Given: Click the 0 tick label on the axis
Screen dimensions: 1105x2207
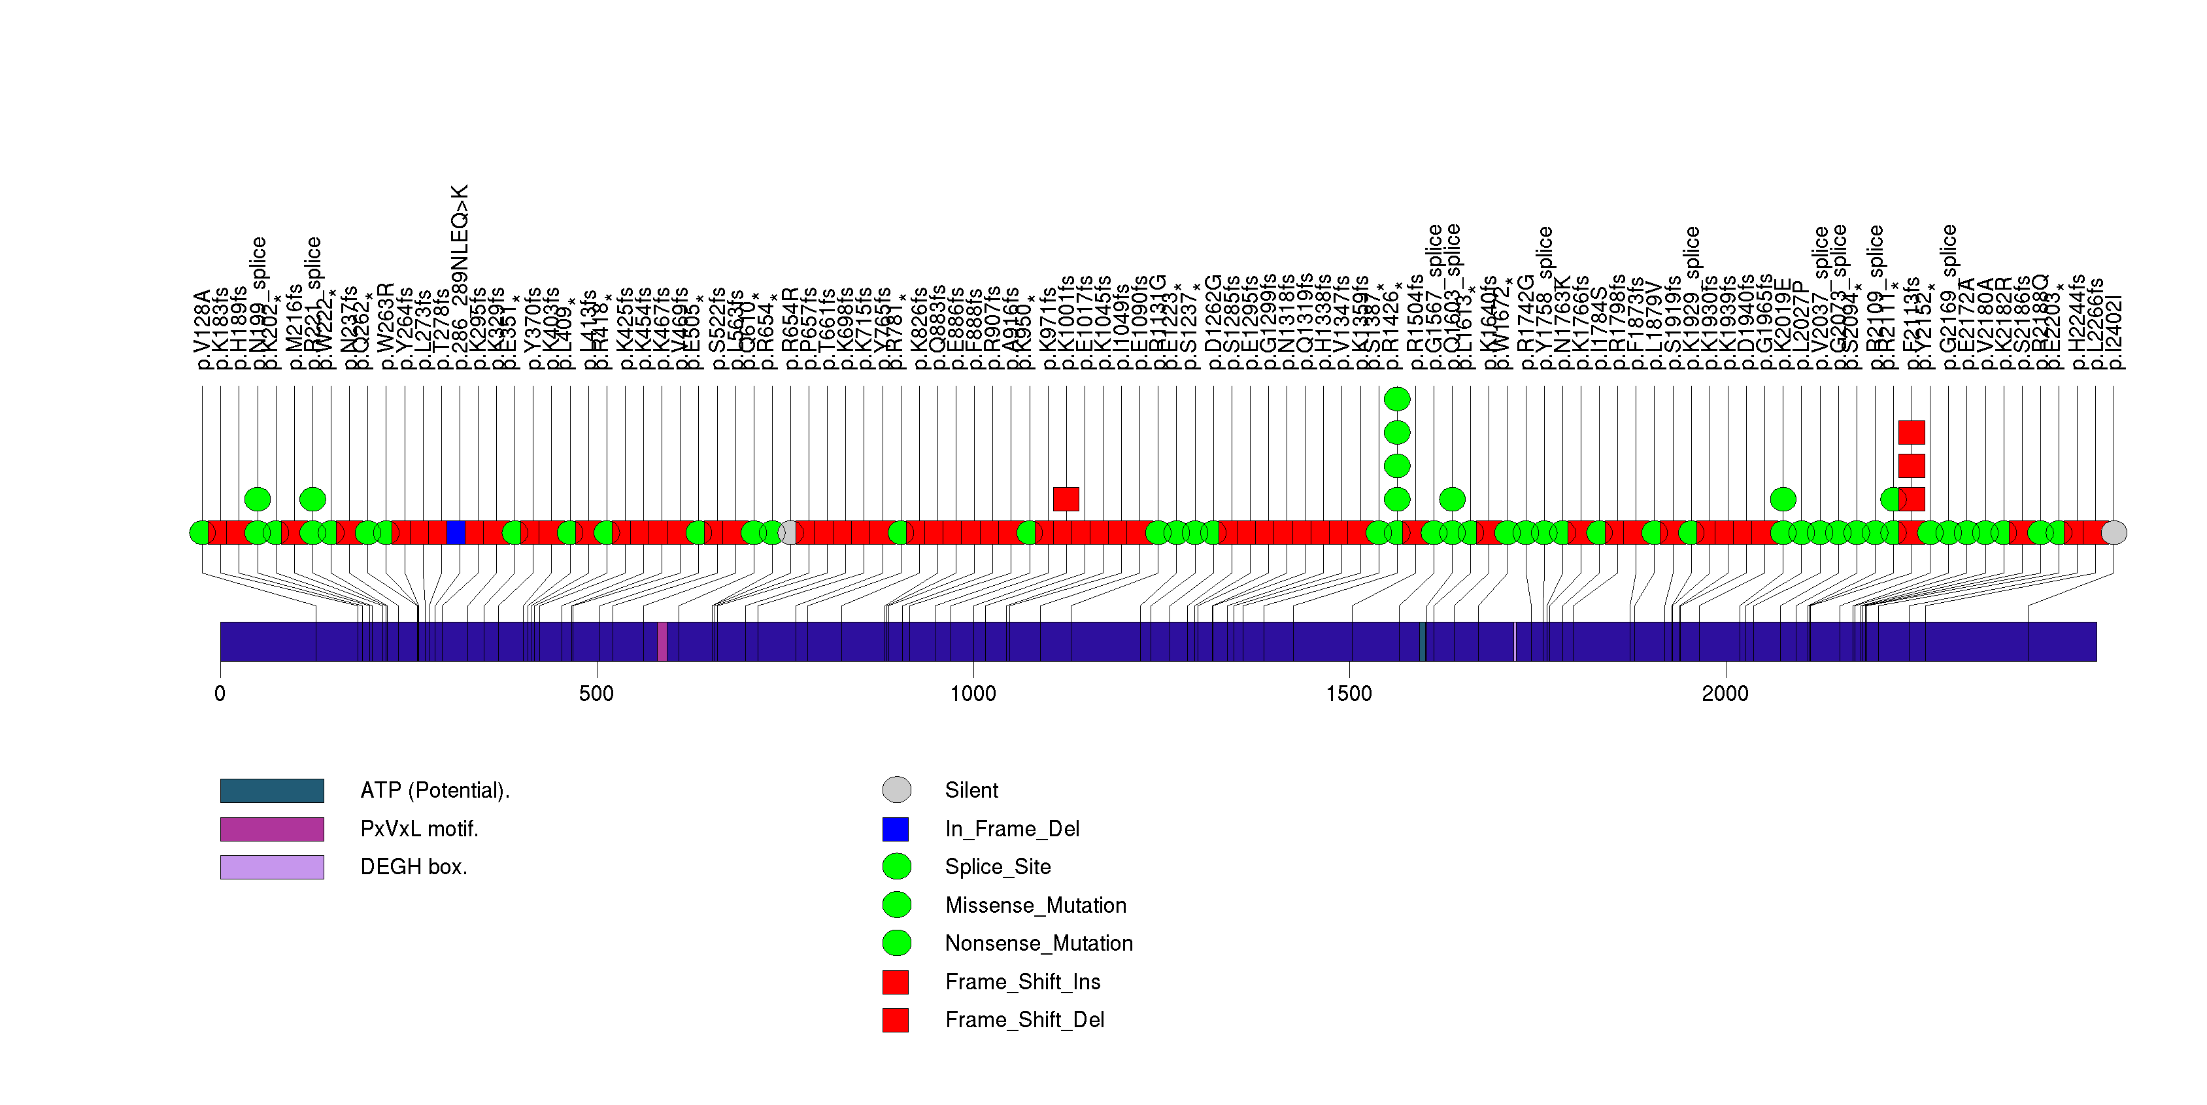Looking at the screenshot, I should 220,693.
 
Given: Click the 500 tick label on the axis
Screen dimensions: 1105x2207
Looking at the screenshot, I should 596,693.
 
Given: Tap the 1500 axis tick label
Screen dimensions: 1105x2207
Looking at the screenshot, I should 1349,693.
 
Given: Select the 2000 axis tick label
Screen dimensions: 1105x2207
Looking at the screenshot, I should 1725,693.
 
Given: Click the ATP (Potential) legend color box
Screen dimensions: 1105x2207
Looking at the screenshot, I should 271,790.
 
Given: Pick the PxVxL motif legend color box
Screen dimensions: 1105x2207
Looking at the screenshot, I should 271,828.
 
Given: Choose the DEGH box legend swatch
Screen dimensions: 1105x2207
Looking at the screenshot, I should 271,867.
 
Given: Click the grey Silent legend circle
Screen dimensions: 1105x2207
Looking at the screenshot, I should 896,790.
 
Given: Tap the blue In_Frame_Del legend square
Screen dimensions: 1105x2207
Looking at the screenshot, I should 896,828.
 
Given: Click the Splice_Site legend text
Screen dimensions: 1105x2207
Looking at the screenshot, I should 997,867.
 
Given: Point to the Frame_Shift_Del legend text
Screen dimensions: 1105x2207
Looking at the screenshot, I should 1024,1019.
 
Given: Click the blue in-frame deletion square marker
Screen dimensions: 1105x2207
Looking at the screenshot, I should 456,532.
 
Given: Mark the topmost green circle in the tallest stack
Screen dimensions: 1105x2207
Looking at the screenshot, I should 1396,399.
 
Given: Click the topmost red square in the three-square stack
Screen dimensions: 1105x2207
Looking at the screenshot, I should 1912,433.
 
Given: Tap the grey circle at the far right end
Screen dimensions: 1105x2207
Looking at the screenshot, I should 2114,532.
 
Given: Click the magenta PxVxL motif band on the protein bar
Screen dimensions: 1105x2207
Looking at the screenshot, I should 662,641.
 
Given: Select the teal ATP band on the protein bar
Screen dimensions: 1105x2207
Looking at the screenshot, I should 1423,641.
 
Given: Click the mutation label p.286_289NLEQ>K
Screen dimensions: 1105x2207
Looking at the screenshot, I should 460,276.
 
